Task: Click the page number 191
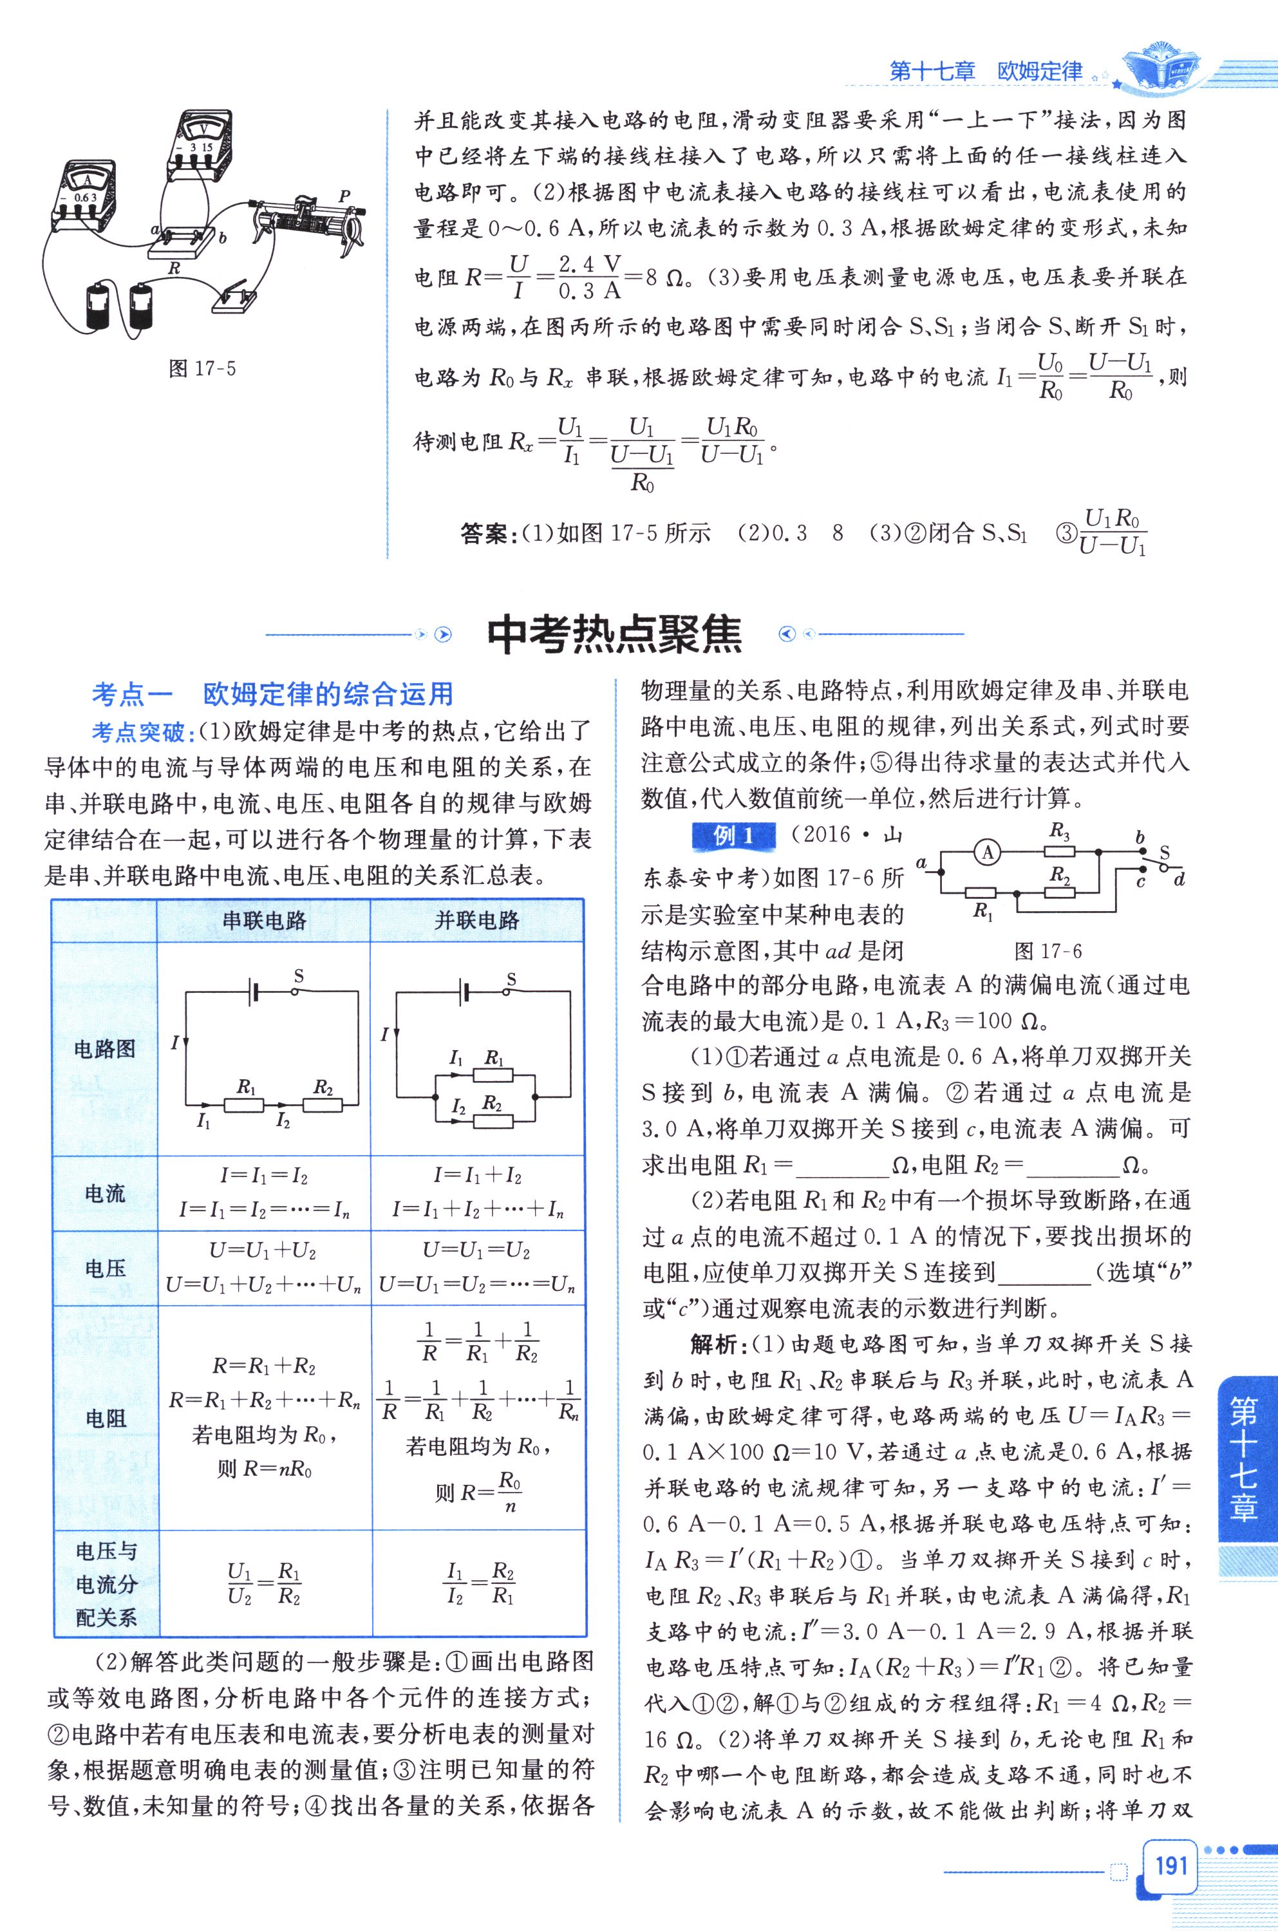tap(1170, 1867)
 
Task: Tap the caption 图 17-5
tap(202, 368)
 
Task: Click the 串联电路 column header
tap(264, 921)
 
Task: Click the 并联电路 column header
tap(477, 921)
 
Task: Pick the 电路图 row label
tap(105, 1049)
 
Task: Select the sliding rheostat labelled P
tap(306, 218)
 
